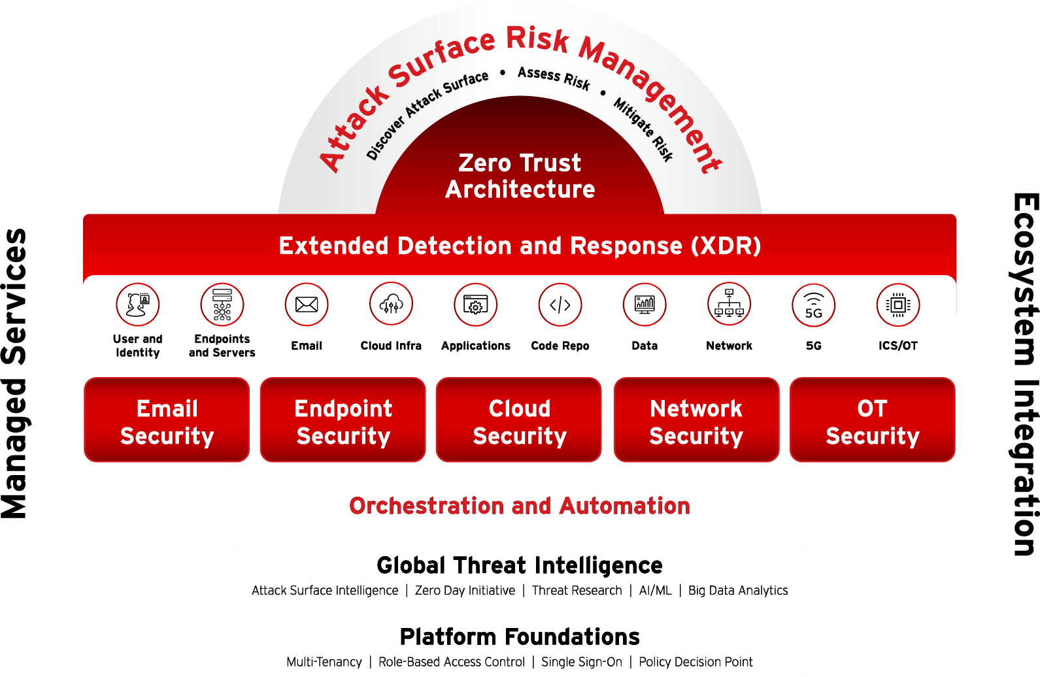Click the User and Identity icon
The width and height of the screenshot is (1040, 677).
pos(137,305)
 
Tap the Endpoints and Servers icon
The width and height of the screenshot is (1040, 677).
pos(222,305)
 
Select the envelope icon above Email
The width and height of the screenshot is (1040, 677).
pos(307,305)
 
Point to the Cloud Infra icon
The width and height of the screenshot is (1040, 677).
pos(391,305)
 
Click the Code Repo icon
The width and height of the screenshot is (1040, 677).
pos(560,305)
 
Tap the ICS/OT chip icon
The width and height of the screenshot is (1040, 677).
pos(898,305)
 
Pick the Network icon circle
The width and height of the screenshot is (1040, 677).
pos(729,305)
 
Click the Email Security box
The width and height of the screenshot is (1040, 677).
pos(167,420)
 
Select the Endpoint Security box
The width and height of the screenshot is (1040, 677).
pos(343,420)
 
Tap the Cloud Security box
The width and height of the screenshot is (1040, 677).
pos(519,420)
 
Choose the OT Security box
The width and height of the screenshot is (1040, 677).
pos(873,420)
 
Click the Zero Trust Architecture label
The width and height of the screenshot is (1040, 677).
pos(520,176)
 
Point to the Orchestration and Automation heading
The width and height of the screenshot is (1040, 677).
pos(520,506)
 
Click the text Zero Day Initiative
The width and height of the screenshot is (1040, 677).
pos(465,590)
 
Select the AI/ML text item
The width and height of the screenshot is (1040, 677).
pos(655,590)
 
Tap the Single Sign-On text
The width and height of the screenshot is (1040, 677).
pos(582,662)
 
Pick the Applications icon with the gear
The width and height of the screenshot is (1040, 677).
pos(475,305)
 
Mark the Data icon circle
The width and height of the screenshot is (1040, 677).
pos(645,305)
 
